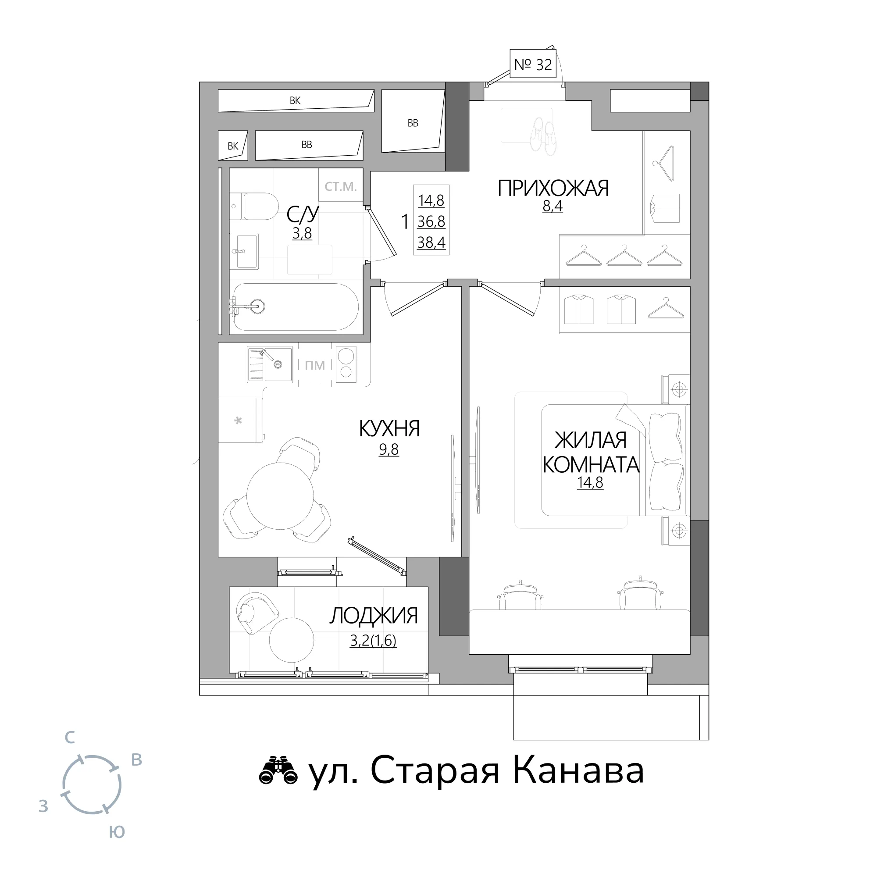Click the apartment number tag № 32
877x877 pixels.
533,64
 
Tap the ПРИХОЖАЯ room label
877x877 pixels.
553,188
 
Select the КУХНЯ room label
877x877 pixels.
389,428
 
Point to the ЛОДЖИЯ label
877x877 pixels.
373,616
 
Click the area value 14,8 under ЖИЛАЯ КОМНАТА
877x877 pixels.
590,482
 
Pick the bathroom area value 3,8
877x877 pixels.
302,233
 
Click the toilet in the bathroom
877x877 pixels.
254,207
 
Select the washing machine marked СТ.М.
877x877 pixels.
341,185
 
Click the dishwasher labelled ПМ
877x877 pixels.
315,365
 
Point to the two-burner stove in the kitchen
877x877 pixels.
346,364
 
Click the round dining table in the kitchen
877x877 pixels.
280,496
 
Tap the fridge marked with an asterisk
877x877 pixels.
240,421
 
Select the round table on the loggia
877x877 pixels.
292,640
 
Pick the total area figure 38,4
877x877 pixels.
431,243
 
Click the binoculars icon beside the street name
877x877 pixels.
278,770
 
